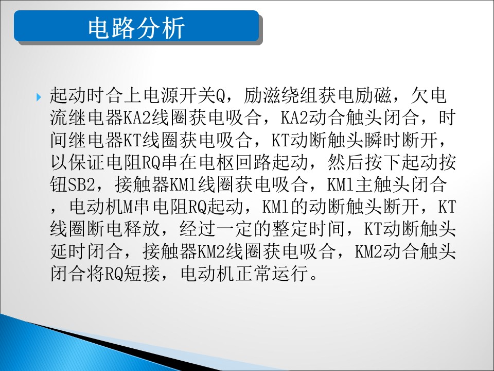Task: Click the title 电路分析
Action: point(136,28)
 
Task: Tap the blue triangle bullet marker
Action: point(39,97)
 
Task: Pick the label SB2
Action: point(81,184)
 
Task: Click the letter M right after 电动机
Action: point(129,207)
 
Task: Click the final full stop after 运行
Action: point(314,278)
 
